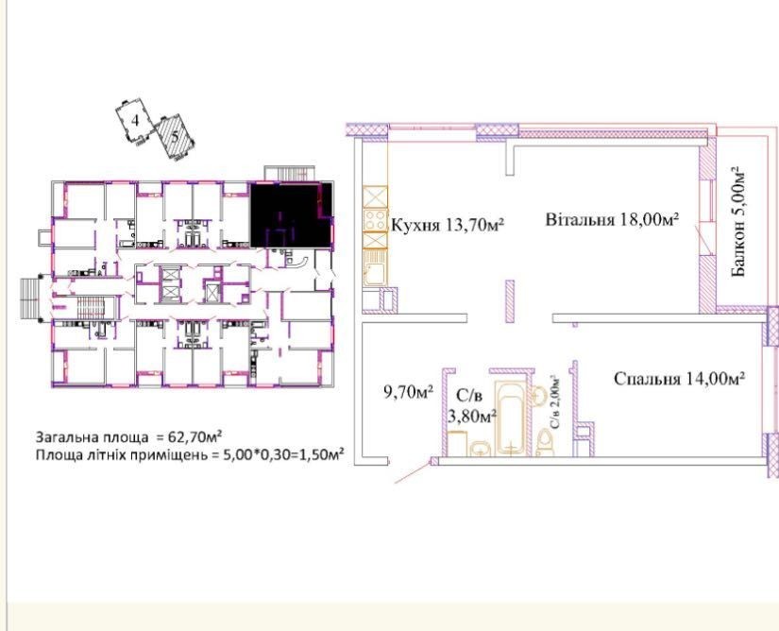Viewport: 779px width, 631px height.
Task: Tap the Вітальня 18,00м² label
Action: [x=612, y=219]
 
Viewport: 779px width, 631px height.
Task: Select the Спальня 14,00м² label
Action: [x=679, y=379]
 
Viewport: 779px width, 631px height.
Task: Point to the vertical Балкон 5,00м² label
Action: [x=738, y=222]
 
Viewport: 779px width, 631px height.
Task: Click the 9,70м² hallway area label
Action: [x=408, y=393]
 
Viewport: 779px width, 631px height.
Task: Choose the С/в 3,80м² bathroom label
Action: [x=472, y=406]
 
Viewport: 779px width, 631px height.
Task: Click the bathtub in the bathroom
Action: [x=511, y=418]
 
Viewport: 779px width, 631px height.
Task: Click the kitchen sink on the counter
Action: [x=374, y=268]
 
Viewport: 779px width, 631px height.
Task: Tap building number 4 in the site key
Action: [x=135, y=120]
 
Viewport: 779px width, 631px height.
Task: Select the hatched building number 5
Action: [x=174, y=136]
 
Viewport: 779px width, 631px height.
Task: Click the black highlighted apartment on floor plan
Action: [x=290, y=214]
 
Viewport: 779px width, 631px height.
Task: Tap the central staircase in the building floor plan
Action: [x=92, y=308]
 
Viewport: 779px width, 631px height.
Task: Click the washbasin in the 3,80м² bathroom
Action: [x=480, y=448]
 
